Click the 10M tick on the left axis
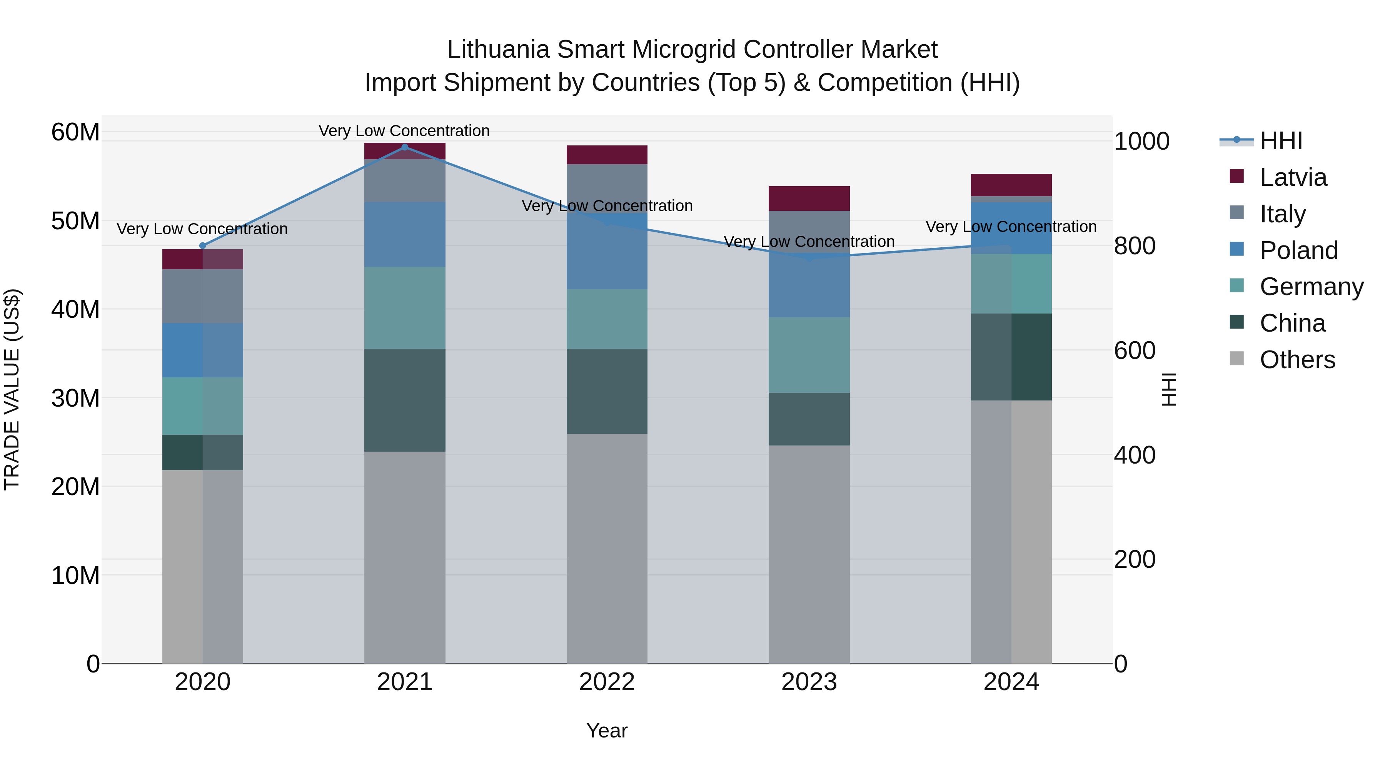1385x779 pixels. (75, 576)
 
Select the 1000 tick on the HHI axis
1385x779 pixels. (1141, 142)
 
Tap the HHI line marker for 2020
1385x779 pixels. (203, 246)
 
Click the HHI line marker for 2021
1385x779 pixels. (405, 147)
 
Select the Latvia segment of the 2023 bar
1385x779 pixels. (809, 199)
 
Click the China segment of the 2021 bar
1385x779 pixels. (405, 400)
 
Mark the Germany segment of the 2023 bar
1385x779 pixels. (809, 355)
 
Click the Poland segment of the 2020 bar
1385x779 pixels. (203, 350)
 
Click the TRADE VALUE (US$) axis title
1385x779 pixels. (12, 389)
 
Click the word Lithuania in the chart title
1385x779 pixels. (498, 50)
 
